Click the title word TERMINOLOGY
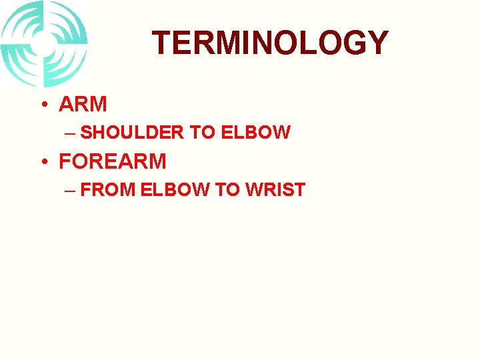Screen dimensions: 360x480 [270, 43]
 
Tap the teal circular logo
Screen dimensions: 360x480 [44, 43]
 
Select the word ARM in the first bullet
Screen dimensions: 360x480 [83, 105]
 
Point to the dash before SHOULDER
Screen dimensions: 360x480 [71, 133]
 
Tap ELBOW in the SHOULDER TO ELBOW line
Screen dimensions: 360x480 [255, 133]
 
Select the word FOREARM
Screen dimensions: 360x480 [113, 161]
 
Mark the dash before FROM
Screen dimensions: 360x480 [71, 190]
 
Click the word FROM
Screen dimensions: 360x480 [108, 190]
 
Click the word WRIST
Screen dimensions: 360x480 [275, 190]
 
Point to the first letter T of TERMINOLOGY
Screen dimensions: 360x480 [163, 43]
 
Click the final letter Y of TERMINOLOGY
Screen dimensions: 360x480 [377, 43]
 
